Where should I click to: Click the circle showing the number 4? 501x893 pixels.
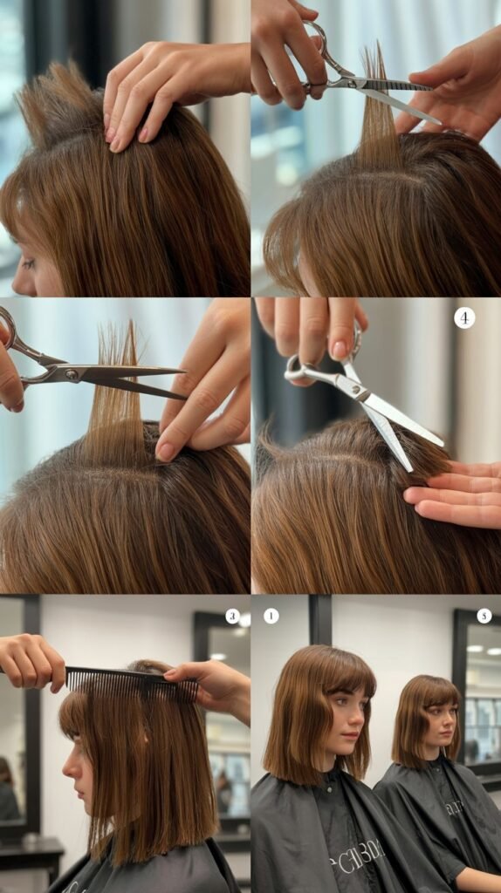464,317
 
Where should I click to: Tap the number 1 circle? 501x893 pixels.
271,616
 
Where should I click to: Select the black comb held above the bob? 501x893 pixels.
131,683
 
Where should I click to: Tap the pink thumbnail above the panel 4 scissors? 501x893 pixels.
340,348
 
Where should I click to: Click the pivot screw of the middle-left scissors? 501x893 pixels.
71,373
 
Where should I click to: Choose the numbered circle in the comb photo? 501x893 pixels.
232,616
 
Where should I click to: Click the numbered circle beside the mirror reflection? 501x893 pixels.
484,616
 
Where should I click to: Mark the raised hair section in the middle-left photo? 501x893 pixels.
118,392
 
